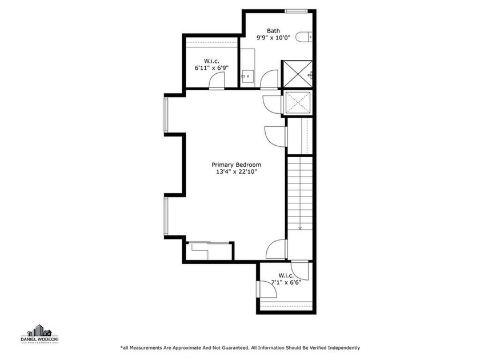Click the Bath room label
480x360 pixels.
[x=274, y=31]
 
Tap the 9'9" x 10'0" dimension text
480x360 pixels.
[x=274, y=39]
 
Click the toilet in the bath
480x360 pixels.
[x=304, y=38]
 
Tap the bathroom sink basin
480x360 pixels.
[x=246, y=75]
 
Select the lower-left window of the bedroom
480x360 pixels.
[x=166, y=215]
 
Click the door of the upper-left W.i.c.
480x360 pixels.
[x=216, y=83]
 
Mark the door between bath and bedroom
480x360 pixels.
[x=269, y=80]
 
